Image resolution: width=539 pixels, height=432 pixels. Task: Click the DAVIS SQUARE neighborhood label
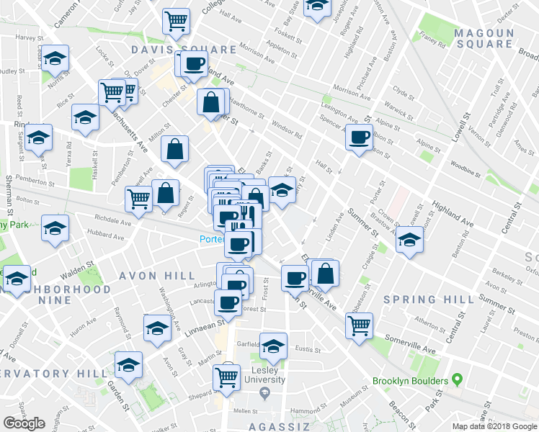pyautogui.click(x=184, y=50)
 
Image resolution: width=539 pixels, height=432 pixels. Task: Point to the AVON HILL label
pyautogui.click(x=157, y=276)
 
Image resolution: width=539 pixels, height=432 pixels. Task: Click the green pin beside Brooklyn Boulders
pyautogui.click(x=456, y=380)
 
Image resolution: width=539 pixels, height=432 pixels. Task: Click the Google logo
pyautogui.click(x=24, y=423)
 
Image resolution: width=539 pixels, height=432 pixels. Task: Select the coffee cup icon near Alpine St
pyautogui.click(x=359, y=137)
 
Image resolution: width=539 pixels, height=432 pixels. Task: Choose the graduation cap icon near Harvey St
pyautogui.click(x=55, y=59)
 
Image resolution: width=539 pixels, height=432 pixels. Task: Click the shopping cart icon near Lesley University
pyautogui.click(x=227, y=375)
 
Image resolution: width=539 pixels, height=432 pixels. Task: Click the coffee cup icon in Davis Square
pyautogui.click(x=194, y=64)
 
